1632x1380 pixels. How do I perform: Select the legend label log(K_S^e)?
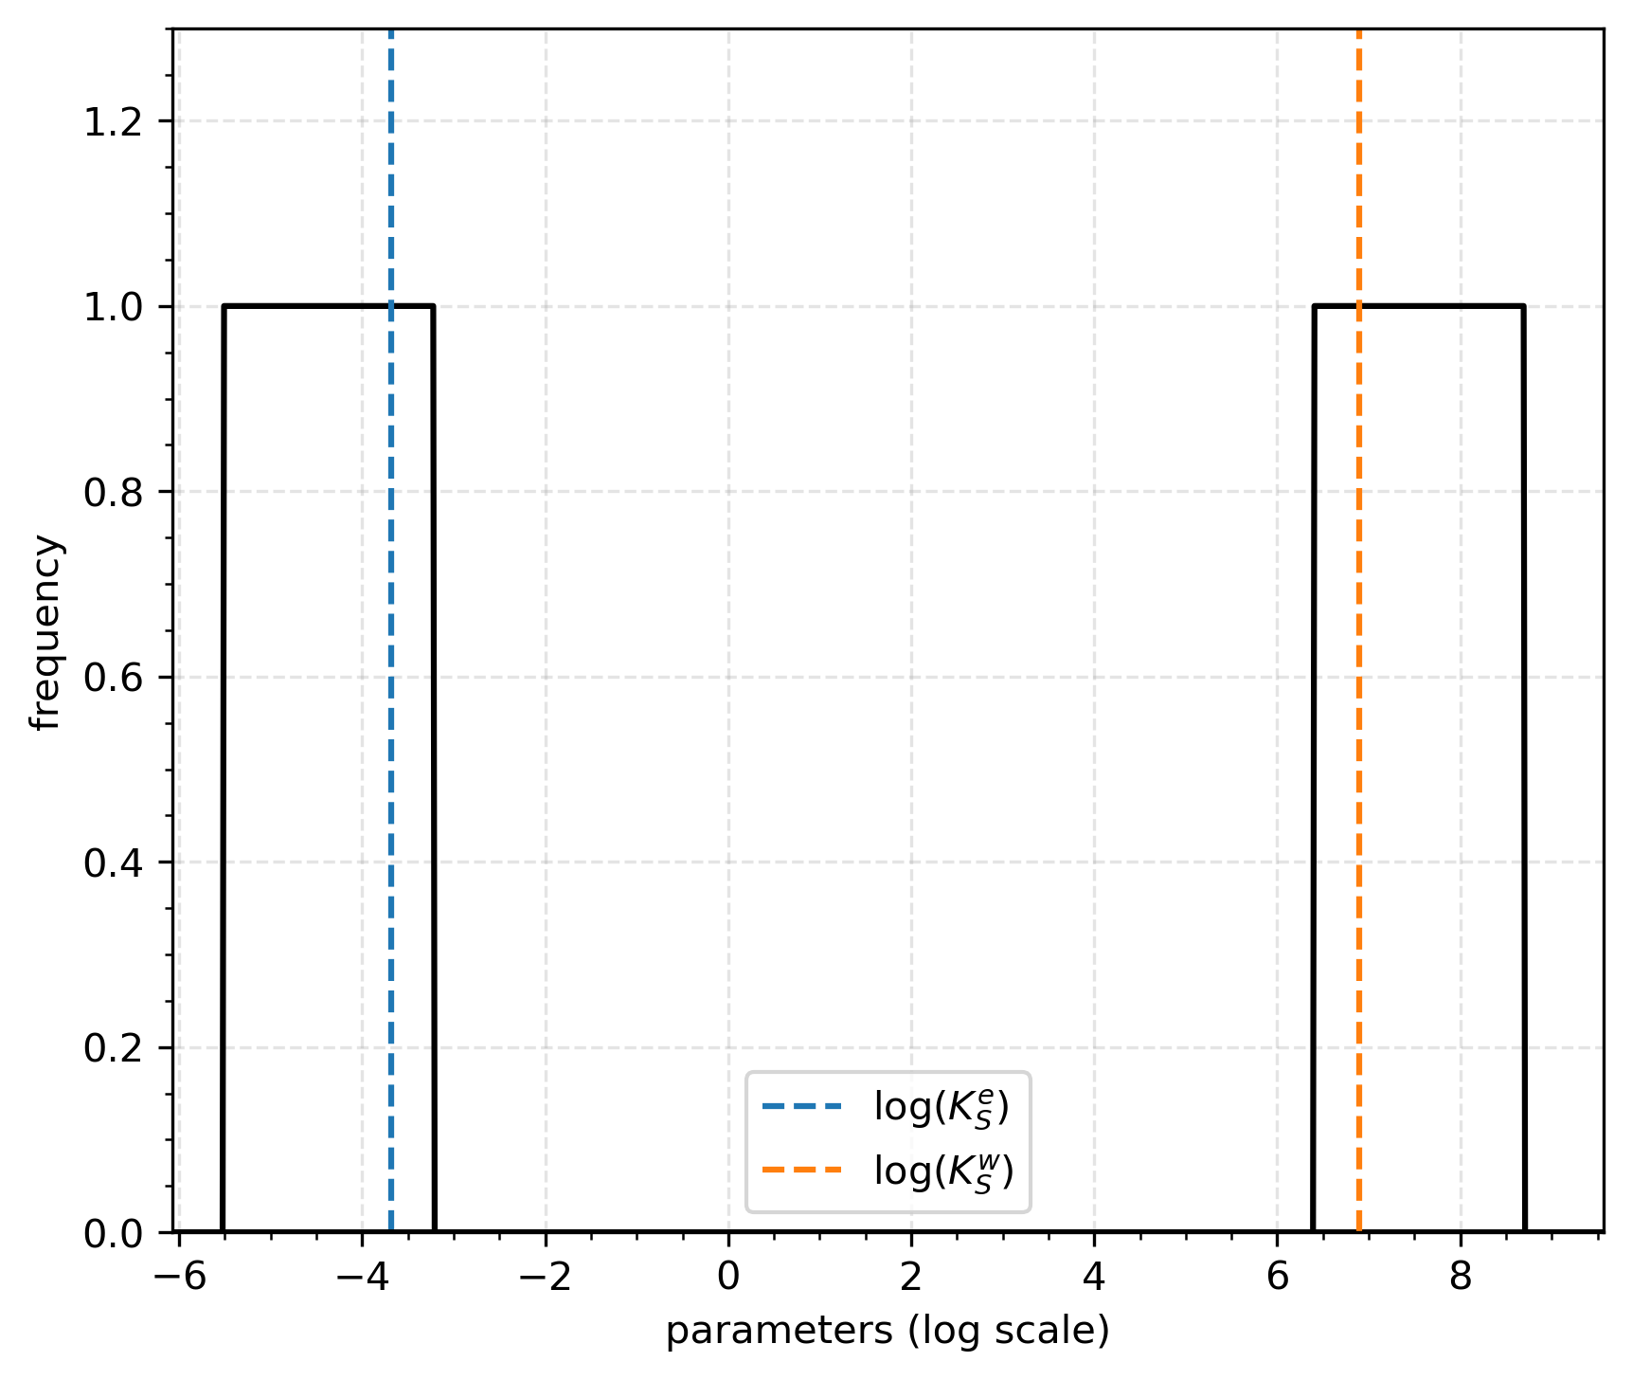click(x=942, y=1107)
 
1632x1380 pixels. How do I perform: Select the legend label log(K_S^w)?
click(x=943, y=1172)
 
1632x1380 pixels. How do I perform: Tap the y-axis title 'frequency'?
click(x=45, y=632)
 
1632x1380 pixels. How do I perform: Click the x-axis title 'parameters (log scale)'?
click(x=888, y=1332)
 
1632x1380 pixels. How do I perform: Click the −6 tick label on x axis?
click(x=179, y=1277)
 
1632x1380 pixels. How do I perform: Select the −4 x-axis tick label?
click(x=362, y=1277)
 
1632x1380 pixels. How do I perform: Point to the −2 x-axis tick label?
click(x=545, y=1277)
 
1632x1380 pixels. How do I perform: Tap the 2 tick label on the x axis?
click(x=911, y=1277)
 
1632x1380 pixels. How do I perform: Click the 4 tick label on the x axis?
click(x=1094, y=1277)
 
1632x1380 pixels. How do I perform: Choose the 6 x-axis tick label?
click(x=1277, y=1277)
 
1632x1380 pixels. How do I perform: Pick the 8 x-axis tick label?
click(x=1461, y=1277)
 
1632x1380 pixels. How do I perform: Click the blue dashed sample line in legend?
click(x=801, y=1106)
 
